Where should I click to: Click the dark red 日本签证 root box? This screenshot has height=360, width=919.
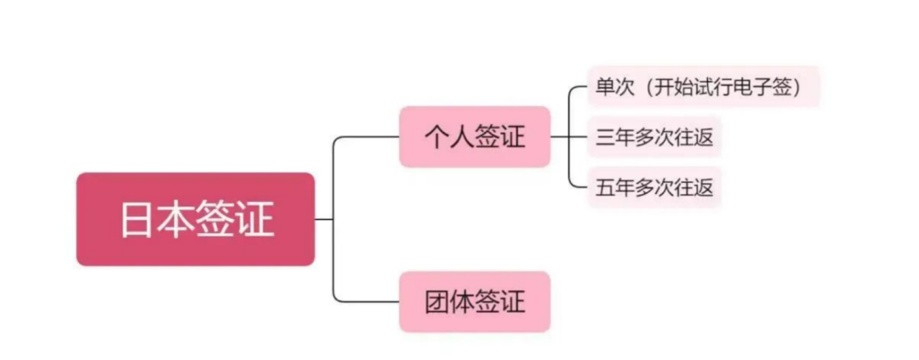click(196, 220)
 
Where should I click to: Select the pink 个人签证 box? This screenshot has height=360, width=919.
click(475, 137)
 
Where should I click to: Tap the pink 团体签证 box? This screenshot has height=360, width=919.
click(475, 301)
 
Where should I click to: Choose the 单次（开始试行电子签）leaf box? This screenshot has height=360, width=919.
click(703, 87)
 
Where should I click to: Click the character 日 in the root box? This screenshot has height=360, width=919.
click(138, 220)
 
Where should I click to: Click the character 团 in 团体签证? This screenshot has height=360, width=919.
click(437, 301)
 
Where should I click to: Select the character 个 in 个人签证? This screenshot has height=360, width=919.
click(437, 137)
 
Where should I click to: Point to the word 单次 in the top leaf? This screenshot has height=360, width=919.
click(614, 87)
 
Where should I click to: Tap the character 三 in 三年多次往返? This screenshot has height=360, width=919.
click(605, 137)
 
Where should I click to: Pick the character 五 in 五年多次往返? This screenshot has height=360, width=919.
click(605, 187)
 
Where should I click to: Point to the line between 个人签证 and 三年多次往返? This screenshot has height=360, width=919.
click(568, 137)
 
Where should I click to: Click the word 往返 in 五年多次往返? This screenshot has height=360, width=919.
click(693, 187)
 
